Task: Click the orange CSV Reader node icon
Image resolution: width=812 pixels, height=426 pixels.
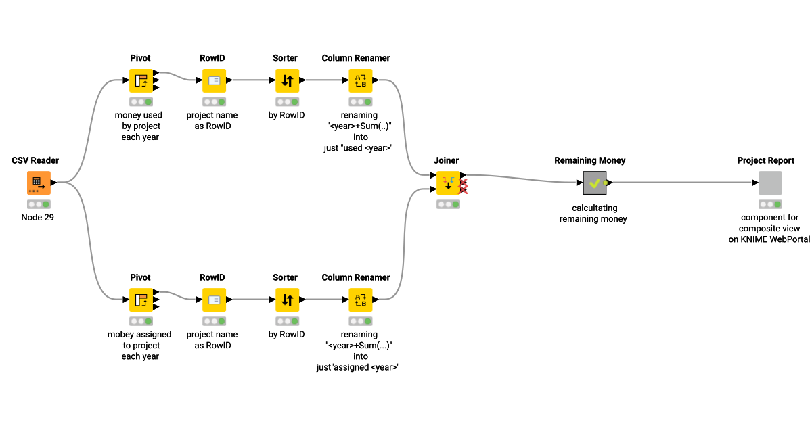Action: tap(39, 183)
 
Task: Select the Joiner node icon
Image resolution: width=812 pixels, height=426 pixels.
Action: tap(448, 183)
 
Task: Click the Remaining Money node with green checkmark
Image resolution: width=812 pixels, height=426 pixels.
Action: tap(595, 183)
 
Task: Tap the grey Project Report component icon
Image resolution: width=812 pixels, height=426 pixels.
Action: tap(769, 183)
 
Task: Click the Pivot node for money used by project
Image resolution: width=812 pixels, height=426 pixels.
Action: tap(141, 80)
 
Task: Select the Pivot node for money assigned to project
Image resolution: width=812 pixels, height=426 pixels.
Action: tap(141, 300)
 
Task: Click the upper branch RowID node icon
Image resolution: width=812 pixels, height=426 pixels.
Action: tap(214, 80)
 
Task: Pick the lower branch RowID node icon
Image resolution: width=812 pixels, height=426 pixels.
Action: tap(214, 300)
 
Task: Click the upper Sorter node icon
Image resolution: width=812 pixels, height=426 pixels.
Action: tap(287, 80)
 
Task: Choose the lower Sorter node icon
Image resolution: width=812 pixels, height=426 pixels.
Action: tap(287, 300)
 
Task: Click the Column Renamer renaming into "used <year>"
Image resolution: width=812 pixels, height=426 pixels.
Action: tap(360, 80)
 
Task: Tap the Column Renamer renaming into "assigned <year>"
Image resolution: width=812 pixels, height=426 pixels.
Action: tap(360, 300)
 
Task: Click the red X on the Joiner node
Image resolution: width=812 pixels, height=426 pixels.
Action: tap(464, 187)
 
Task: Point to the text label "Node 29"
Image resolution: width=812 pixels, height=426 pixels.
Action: tap(38, 217)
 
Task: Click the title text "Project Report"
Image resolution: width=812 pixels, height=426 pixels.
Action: tap(765, 160)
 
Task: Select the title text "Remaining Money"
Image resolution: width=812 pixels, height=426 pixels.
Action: tap(589, 160)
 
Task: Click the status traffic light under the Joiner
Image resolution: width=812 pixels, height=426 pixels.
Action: tap(448, 204)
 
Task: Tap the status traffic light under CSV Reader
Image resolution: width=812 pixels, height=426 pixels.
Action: tap(39, 204)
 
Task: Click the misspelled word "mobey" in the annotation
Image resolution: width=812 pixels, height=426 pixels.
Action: tap(121, 334)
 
